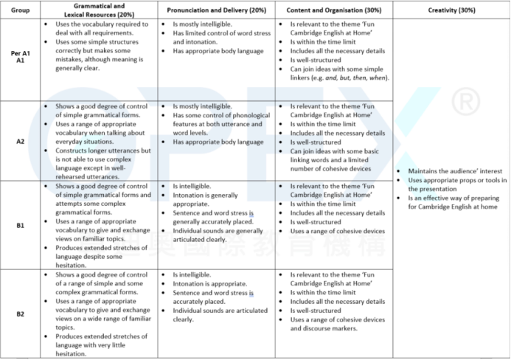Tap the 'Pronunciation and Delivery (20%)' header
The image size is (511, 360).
coord(215,10)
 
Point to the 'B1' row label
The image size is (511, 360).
coord(20,225)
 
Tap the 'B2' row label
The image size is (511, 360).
coord(20,314)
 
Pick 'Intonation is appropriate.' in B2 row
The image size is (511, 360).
coord(206,283)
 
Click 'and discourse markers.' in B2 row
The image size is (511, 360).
coord(325,328)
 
